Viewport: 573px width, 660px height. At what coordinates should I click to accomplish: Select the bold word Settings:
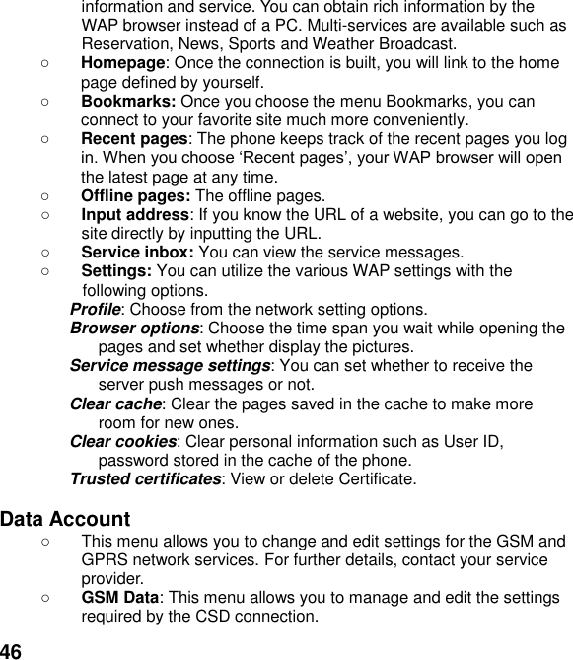115,271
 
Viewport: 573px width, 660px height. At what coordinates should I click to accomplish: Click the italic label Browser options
134,329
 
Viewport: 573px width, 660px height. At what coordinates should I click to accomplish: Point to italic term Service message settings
170,366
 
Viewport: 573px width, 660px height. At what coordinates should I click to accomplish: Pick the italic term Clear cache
115,403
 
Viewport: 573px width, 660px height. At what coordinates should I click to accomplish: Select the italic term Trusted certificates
145,479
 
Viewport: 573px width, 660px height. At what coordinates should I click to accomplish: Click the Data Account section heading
65,519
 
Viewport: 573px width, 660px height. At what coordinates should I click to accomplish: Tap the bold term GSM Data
120,598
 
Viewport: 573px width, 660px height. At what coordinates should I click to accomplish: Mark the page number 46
11,650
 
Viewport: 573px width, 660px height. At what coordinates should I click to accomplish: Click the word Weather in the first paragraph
334,43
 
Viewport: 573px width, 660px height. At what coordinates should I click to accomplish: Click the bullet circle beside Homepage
45,62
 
